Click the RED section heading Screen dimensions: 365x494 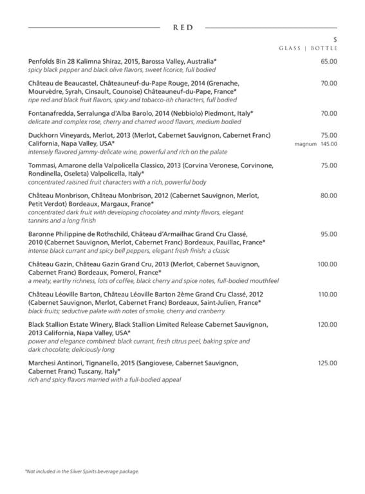click(183, 28)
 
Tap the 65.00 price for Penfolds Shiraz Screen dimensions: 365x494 click(328, 61)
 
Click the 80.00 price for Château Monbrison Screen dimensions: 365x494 click(328, 196)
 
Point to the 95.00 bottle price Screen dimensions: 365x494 click(328, 234)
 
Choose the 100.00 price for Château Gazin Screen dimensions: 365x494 click(327, 264)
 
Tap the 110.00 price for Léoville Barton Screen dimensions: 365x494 click(327, 294)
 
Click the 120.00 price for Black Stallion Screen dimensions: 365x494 click(327, 325)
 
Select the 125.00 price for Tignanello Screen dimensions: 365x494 click(327, 363)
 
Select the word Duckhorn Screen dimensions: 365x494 click(44, 135)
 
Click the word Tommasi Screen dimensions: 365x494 click(43, 165)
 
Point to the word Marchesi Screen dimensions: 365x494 click(45, 363)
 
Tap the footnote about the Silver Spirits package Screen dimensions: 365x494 click(82, 471)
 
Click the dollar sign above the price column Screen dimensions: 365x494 click(335, 40)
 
